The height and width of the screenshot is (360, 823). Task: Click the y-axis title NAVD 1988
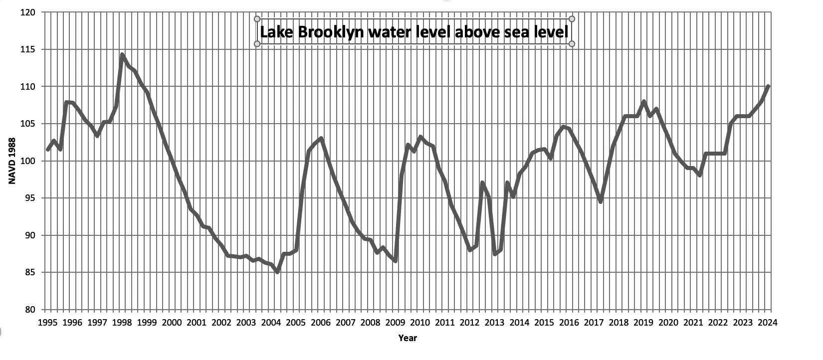pos(13,161)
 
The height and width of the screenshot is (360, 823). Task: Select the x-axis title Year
pos(408,338)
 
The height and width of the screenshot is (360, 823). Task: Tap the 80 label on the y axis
pos(30,310)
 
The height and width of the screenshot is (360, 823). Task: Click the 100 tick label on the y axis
pos(28,161)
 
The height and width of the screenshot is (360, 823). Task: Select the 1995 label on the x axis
pos(47,322)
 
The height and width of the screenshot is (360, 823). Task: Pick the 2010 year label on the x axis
pos(420,322)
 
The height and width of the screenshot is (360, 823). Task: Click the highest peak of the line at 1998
pos(122,55)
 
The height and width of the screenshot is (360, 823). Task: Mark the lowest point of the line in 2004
pos(277,271)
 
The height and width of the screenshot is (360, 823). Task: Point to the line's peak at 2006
pos(321,139)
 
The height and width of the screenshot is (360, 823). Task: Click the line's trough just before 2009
pos(395,261)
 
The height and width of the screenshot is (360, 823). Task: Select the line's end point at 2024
pos(768,87)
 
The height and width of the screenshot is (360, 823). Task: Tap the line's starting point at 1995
pos(48,150)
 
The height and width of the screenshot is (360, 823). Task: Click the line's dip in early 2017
pos(601,201)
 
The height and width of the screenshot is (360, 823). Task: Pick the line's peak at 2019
pos(644,102)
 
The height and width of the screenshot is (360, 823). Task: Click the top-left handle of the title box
pos(257,19)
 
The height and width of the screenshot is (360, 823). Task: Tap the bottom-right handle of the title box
pos(572,44)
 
